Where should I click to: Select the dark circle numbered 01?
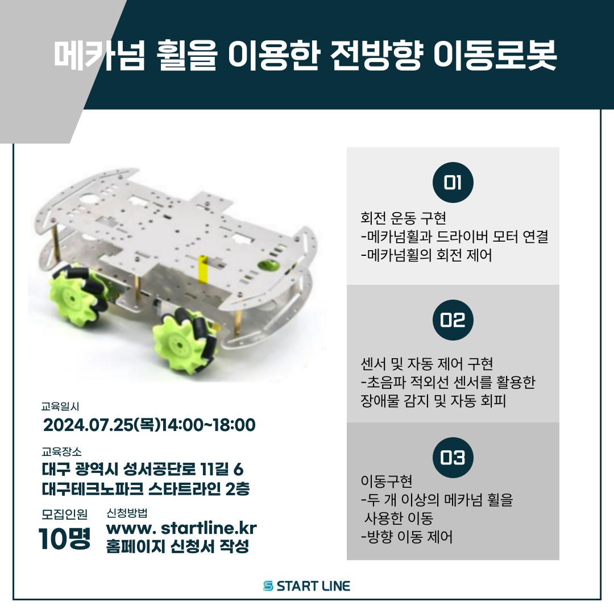click(x=453, y=182)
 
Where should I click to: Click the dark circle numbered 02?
click(x=453, y=320)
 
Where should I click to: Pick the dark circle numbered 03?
click(x=453, y=458)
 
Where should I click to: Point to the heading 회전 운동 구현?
click(x=403, y=218)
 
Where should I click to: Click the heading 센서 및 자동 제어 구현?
click(x=427, y=363)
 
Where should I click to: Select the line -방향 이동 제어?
click(x=406, y=537)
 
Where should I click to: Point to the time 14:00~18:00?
click(x=208, y=425)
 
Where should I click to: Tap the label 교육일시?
click(x=60, y=406)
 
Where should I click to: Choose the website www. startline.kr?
click(x=181, y=529)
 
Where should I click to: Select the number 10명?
click(x=64, y=538)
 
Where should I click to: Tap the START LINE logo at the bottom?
click(x=307, y=586)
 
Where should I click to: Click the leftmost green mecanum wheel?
click(x=77, y=293)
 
